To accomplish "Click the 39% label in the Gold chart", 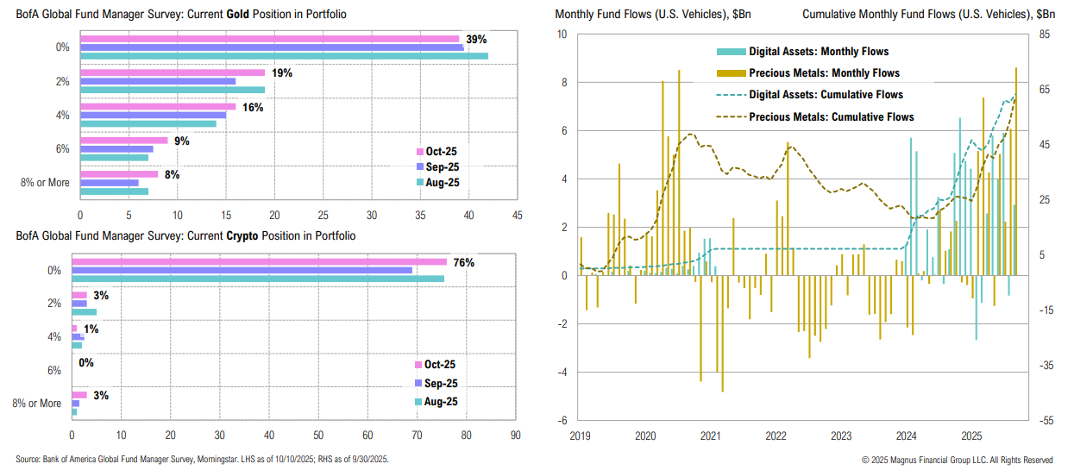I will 477,40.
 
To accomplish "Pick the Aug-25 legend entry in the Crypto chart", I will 441,401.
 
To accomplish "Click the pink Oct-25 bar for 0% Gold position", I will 270,39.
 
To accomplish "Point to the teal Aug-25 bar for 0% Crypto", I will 257,279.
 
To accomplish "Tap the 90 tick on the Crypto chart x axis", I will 516,436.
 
